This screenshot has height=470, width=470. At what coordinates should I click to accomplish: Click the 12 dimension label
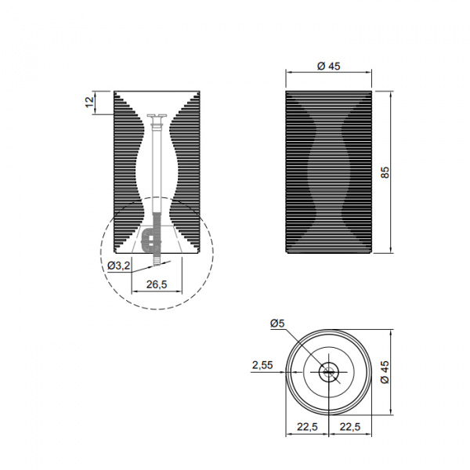coord(89,102)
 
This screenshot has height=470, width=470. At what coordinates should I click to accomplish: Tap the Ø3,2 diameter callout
coord(119,266)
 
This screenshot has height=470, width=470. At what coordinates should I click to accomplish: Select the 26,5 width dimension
coord(157,284)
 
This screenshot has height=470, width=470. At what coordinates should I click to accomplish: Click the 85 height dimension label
coord(385,172)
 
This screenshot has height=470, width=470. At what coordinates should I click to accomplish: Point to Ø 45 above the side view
coord(328,66)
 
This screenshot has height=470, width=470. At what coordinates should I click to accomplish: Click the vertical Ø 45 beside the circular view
coord(385,371)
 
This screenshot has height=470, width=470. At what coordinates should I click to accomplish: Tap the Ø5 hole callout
coord(277,324)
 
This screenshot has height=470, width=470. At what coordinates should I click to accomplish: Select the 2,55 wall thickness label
coord(262,365)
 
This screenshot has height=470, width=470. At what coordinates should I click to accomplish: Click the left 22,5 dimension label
coord(307,426)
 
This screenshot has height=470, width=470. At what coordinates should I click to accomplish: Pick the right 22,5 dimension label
coord(350,426)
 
